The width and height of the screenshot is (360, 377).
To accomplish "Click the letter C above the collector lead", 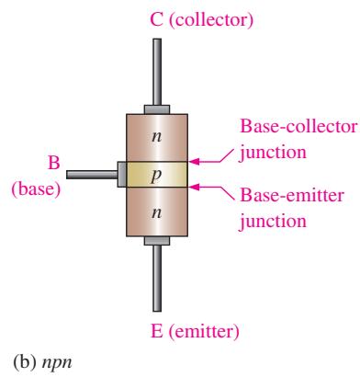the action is click(156, 19).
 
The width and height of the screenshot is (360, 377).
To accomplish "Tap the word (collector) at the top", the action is click(211, 20).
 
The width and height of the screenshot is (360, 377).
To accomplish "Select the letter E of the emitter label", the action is click(156, 331).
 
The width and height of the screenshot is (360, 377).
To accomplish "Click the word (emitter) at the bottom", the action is click(204, 332).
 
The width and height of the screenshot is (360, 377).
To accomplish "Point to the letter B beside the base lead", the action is click(53, 163).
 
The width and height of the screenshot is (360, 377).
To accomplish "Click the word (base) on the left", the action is click(36, 188).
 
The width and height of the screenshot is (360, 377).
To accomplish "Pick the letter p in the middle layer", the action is click(156, 176).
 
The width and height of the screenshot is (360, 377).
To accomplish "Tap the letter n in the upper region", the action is click(157, 136).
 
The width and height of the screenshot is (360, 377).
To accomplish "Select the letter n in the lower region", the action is click(157, 212).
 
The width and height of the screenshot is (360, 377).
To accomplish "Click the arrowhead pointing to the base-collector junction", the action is click(195, 161).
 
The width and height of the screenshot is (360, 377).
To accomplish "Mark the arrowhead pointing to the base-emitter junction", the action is click(195, 187).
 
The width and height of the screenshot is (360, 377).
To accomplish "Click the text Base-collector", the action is click(298, 126).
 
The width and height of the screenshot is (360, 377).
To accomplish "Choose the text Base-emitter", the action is click(292, 195).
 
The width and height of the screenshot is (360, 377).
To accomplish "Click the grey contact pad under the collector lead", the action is click(157, 109).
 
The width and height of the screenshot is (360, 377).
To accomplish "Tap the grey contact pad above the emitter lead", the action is click(157, 241).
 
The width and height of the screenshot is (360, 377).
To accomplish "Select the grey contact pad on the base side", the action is click(122, 175).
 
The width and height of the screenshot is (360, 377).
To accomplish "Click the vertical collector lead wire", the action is click(157, 72).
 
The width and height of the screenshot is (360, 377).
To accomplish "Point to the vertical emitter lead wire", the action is click(157, 279).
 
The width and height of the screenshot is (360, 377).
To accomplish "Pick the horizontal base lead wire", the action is click(92, 175).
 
